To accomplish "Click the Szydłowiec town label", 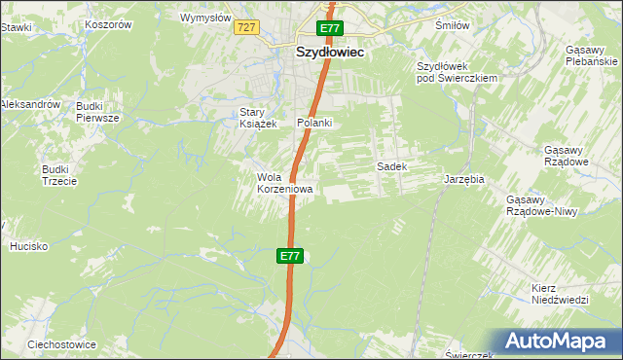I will point(329,54).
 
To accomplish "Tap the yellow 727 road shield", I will point(245,28).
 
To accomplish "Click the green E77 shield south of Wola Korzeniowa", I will point(290,256).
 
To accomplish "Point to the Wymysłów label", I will point(206,18).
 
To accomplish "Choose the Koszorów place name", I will point(108,24).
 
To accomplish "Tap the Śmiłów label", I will point(452,25).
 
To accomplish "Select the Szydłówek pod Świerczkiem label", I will point(458,72).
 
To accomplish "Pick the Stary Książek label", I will point(259,118).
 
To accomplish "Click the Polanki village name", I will point(315,123).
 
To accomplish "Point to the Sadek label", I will point(391,166).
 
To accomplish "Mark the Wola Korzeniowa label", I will point(284,183).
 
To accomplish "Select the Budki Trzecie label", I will point(59,175).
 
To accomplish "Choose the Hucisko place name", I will point(29,246).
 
